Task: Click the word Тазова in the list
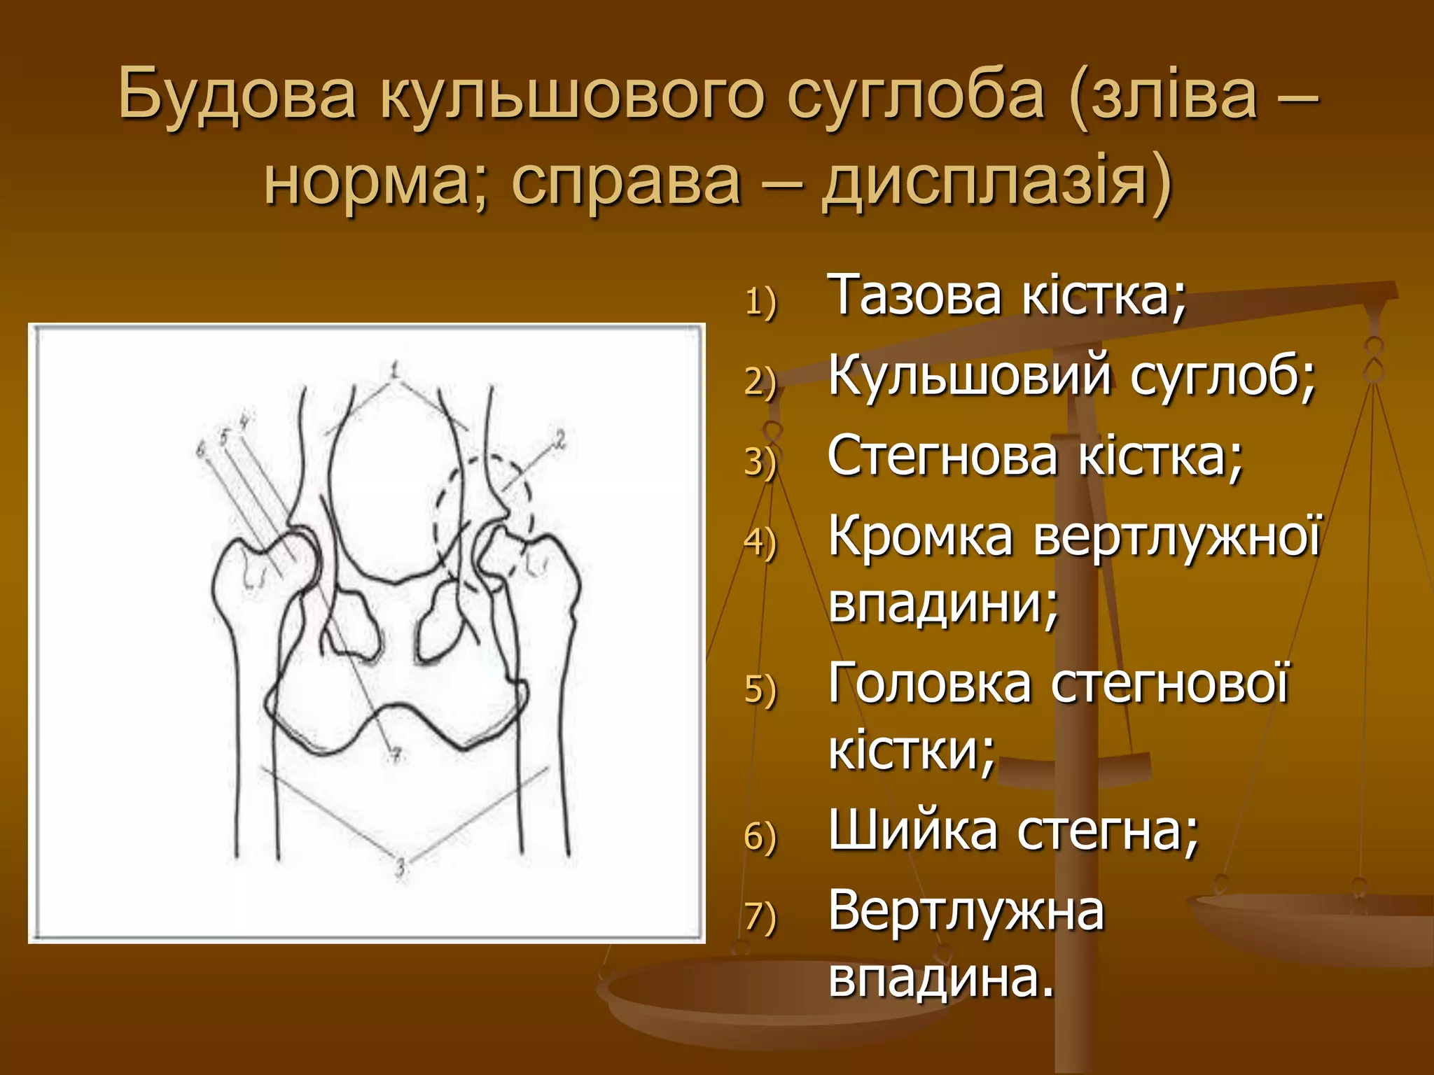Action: click(914, 295)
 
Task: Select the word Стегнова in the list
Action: click(942, 456)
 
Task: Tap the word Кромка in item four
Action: click(920, 537)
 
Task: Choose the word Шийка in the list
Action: click(913, 831)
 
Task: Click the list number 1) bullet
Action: click(760, 302)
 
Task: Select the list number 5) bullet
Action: click(760, 690)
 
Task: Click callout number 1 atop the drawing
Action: click(394, 368)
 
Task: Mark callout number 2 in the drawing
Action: click(559, 440)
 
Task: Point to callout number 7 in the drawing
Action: click(396, 754)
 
